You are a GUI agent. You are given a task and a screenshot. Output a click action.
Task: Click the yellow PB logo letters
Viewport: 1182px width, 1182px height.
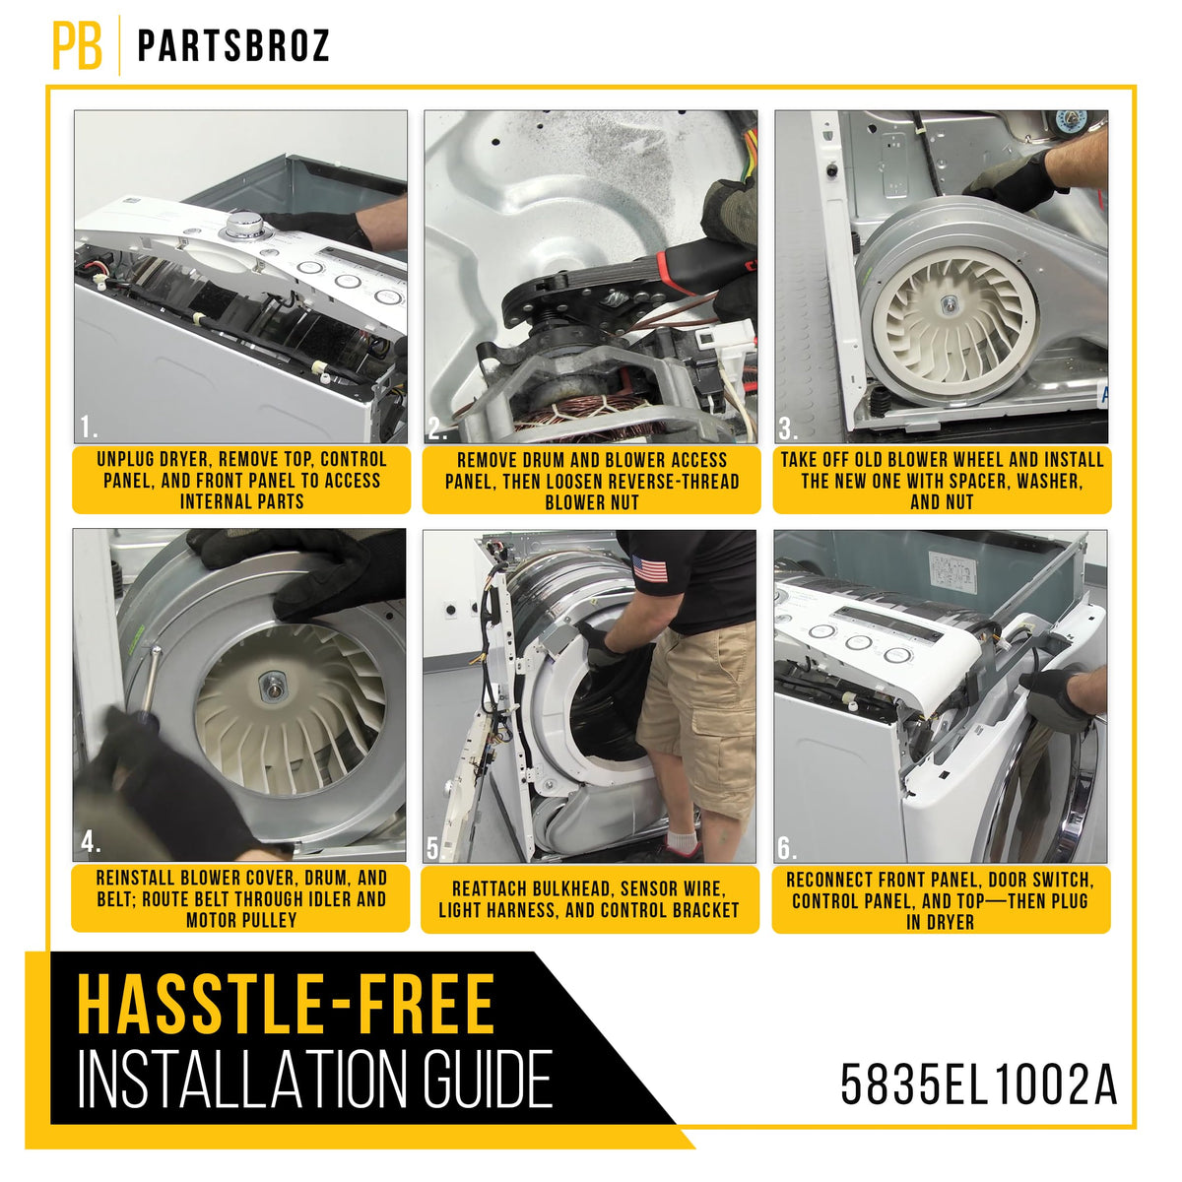tap(77, 46)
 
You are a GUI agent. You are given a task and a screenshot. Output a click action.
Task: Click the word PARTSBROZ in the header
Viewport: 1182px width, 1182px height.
tap(233, 45)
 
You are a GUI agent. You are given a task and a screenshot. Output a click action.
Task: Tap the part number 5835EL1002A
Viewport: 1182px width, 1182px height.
tap(978, 1084)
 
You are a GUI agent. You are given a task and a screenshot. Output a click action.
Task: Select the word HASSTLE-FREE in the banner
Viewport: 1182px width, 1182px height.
tap(286, 1004)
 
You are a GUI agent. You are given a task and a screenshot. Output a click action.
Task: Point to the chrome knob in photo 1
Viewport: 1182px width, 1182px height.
tap(242, 226)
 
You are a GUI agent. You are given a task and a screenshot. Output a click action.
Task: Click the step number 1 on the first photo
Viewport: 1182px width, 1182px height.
tap(89, 427)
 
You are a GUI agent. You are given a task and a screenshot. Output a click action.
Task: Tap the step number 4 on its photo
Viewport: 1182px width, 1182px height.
tap(90, 842)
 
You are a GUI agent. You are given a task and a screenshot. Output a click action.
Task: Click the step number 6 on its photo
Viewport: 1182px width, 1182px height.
tap(787, 848)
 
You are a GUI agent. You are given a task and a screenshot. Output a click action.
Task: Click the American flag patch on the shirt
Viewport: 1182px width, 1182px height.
tap(649, 568)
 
